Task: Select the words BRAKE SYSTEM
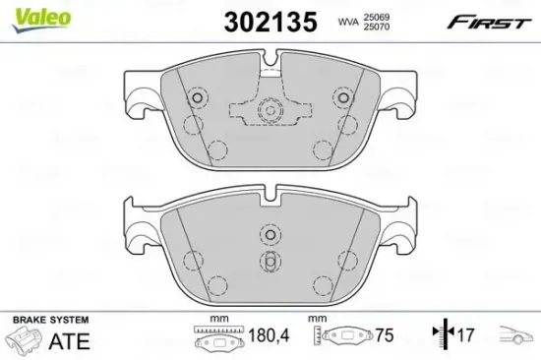click(49, 322)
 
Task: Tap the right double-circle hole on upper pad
click(342, 98)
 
